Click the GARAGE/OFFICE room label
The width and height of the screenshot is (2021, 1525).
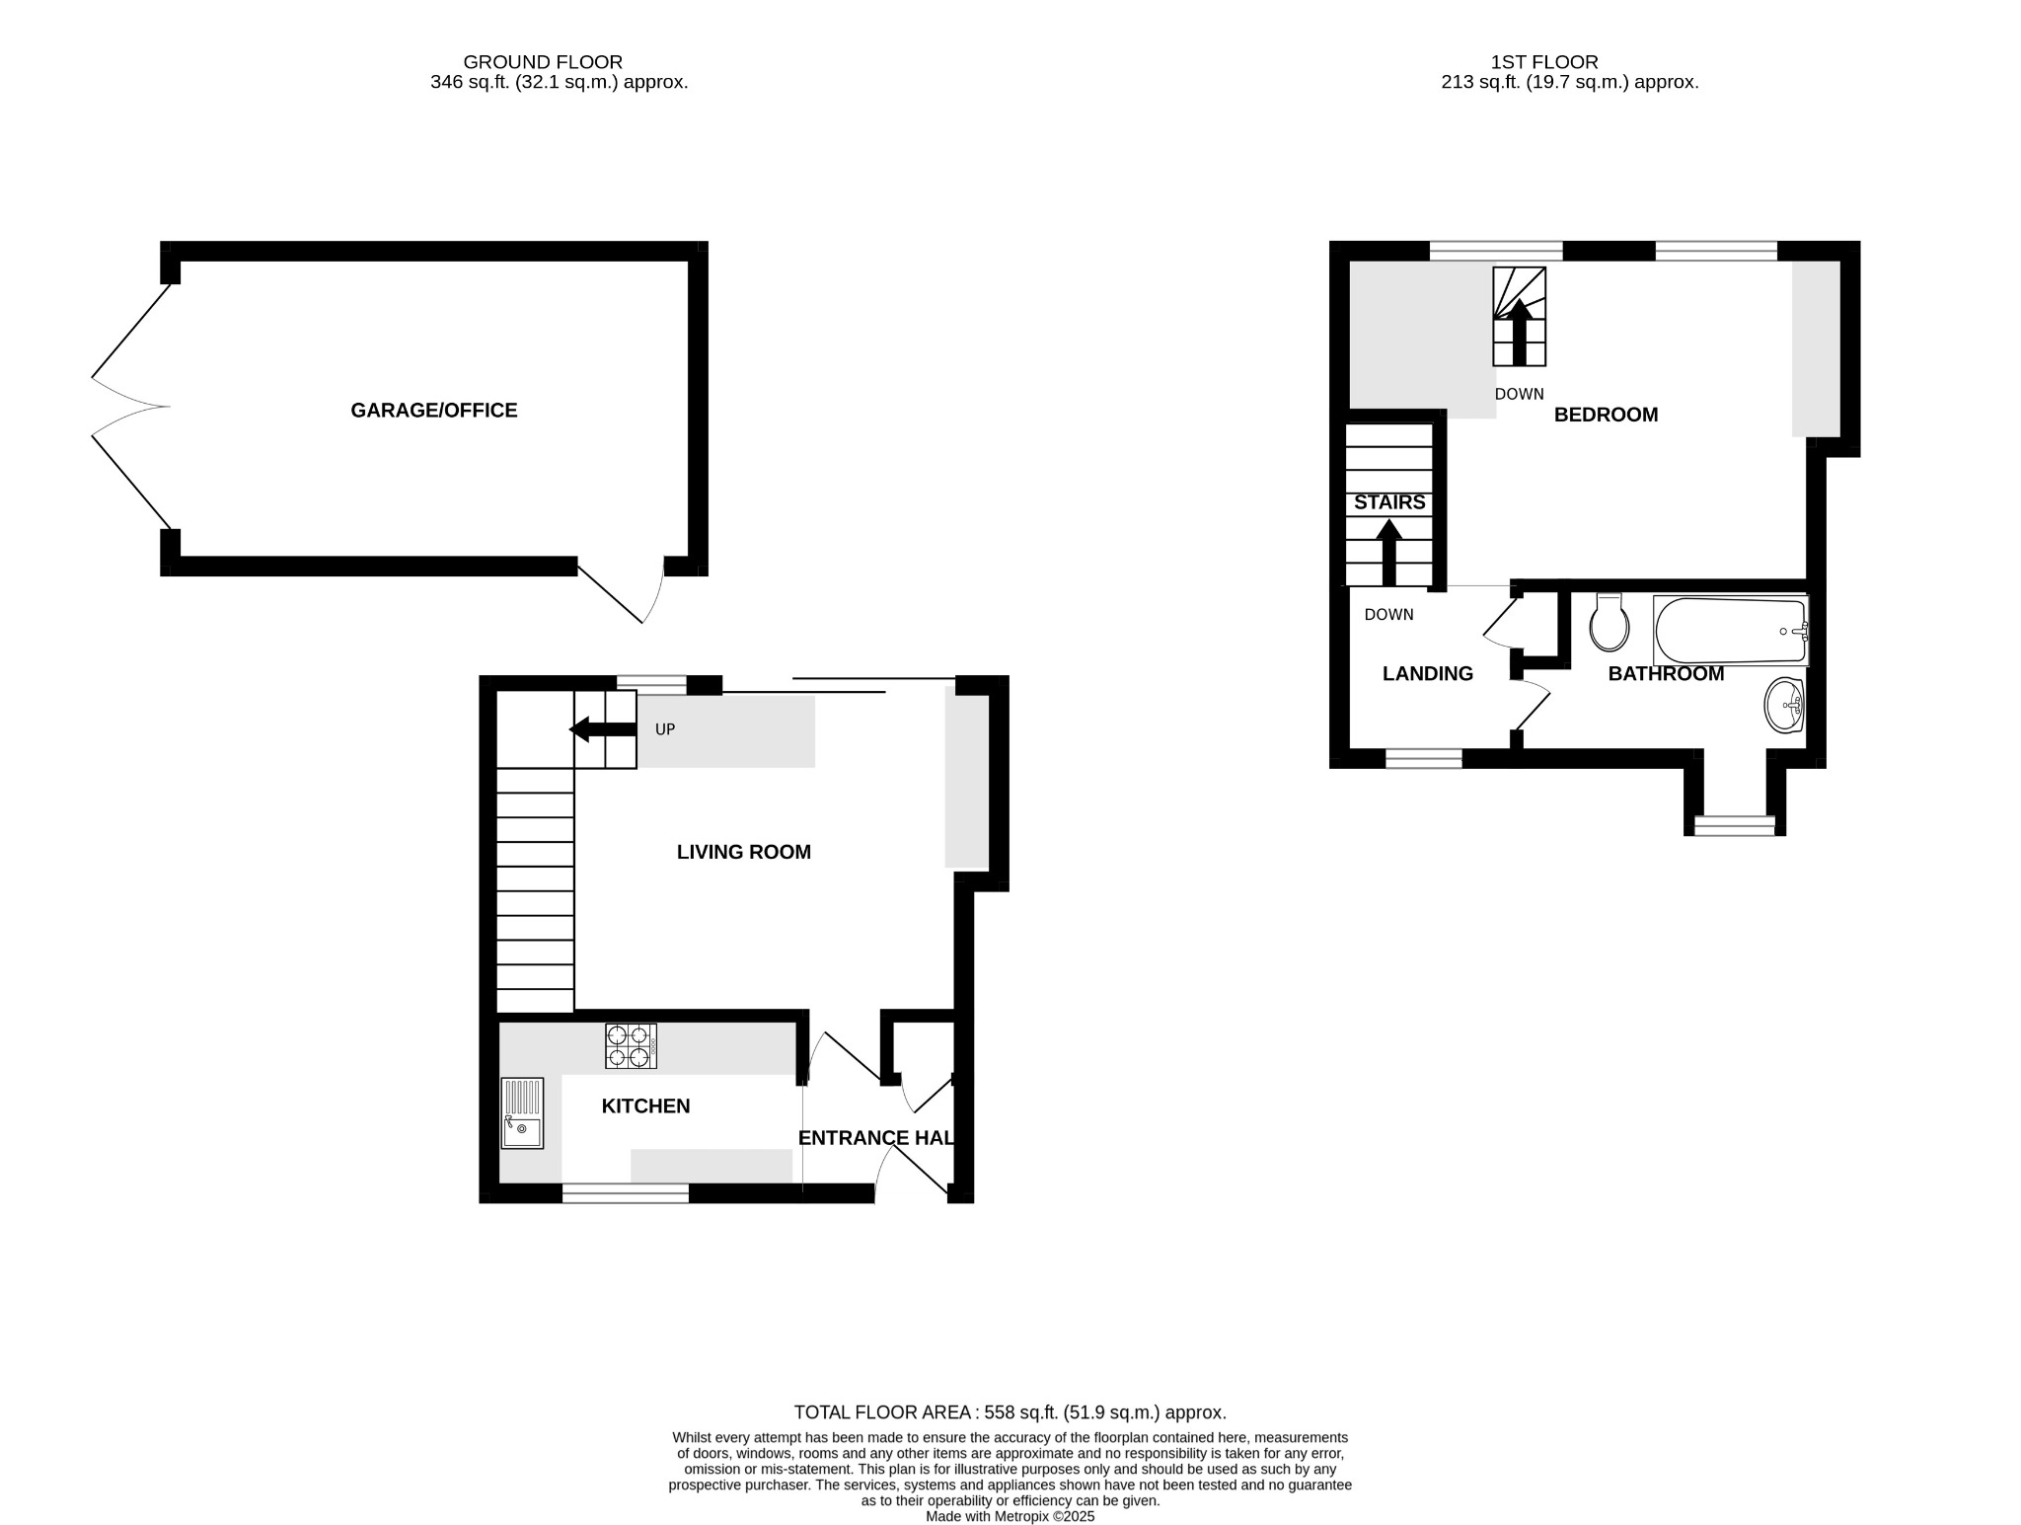[x=433, y=411]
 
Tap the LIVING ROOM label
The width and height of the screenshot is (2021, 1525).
[x=743, y=852]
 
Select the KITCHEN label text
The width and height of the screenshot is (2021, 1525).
[x=645, y=1106]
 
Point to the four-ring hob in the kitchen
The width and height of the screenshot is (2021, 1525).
[x=631, y=1046]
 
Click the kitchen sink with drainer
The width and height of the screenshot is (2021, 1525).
[x=522, y=1112]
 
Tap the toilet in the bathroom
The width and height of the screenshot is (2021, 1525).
[x=1609, y=623]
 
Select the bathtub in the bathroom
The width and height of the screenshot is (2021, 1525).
[x=1731, y=631]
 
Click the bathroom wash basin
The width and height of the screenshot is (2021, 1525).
[x=1784, y=705]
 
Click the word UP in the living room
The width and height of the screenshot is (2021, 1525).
[x=665, y=729]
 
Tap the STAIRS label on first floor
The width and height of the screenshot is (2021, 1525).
[x=1389, y=502]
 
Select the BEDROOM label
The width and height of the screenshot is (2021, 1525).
[x=1606, y=415]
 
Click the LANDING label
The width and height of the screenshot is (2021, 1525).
[x=1427, y=673]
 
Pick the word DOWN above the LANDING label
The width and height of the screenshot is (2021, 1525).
[x=1388, y=614]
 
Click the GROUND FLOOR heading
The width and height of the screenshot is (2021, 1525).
[x=543, y=62]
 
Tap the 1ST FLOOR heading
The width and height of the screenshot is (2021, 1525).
[x=1544, y=62]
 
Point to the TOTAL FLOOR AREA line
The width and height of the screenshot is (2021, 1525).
[x=1010, y=1412]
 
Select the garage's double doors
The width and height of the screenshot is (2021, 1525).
[x=131, y=406]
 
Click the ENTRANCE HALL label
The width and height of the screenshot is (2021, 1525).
[x=875, y=1138]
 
